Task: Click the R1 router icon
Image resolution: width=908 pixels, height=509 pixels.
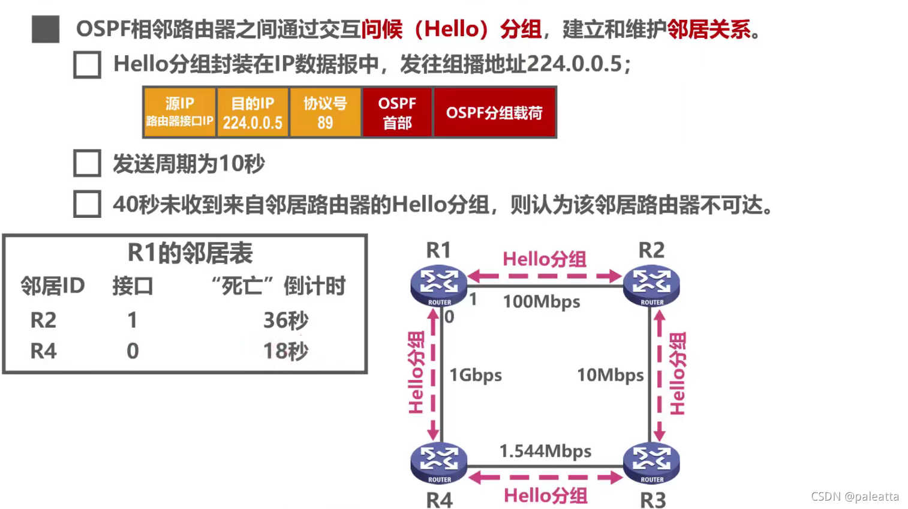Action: (x=438, y=285)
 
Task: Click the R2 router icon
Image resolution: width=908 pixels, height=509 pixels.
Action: (x=651, y=285)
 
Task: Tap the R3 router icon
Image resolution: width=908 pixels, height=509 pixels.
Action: (x=651, y=463)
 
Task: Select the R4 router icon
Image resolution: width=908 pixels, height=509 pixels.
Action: (x=438, y=463)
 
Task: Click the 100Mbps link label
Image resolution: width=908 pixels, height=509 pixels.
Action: (x=541, y=301)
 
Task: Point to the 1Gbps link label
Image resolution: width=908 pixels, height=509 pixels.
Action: (x=476, y=375)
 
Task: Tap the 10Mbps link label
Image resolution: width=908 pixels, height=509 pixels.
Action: (x=610, y=375)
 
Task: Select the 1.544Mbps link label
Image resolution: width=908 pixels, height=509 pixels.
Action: (x=545, y=451)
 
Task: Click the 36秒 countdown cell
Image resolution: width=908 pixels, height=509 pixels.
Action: (x=285, y=321)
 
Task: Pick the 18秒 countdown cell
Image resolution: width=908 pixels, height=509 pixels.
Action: (x=285, y=351)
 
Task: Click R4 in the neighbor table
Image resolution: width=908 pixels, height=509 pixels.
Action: (x=43, y=351)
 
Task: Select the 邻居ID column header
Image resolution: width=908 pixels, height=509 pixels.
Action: (x=53, y=286)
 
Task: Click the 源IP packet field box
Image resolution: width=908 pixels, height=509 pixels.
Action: (x=179, y=112)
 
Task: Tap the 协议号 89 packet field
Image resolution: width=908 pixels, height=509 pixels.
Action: (x=325, y=112)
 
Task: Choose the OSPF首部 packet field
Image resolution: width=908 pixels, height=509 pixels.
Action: (x=397, y=112)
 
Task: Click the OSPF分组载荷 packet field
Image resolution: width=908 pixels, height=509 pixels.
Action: (x=494, y=112)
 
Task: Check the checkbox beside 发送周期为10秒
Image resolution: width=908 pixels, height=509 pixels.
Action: (x=87, y=163)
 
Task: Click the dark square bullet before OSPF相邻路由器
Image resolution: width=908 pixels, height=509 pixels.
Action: (x=46, y=29)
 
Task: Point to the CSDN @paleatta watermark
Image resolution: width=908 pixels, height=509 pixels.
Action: (x=855, y=496)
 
